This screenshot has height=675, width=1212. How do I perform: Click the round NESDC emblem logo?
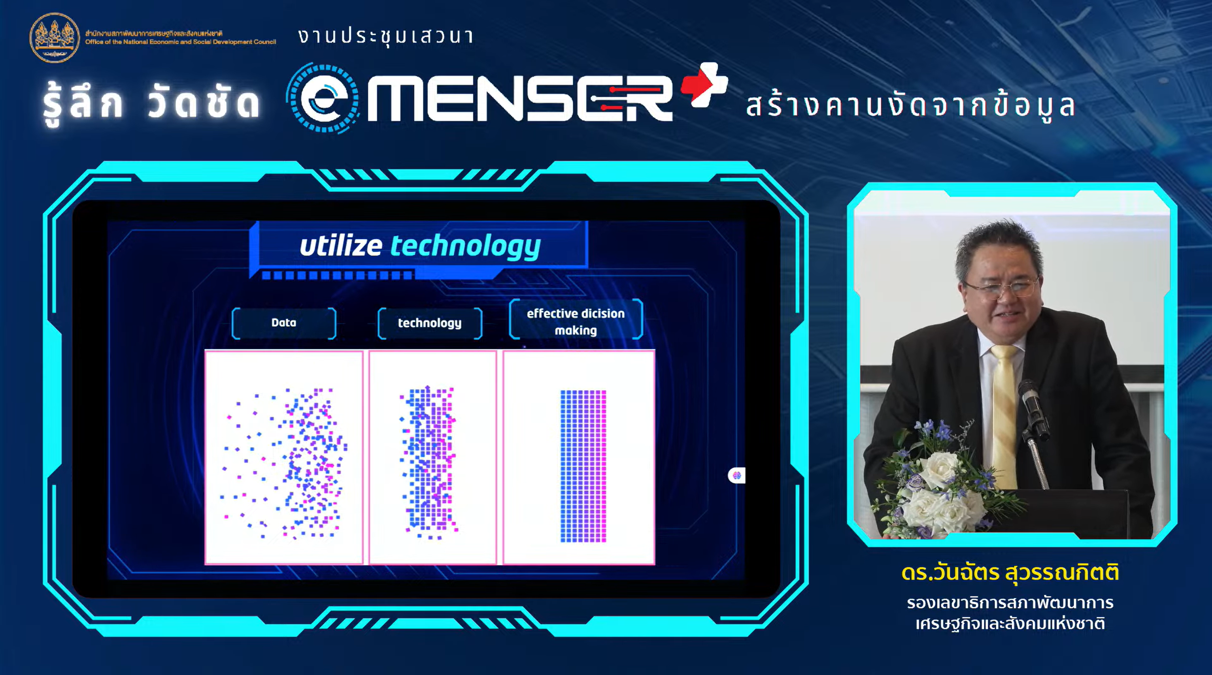(x=55, y=38)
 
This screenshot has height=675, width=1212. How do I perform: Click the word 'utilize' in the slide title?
(x=341, y=246)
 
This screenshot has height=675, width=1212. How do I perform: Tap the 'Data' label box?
(x=284, y=323)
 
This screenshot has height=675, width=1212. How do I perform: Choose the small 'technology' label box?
(x=430, y=323)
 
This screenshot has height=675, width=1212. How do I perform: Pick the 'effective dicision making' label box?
(x=576, y=319)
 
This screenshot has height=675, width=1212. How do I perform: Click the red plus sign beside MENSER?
(x=704, y=85)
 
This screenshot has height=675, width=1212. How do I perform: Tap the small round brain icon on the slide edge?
(x=736, y=476)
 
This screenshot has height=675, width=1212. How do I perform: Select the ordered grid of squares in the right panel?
(x=583, y=466)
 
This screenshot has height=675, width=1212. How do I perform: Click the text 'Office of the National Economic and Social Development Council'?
(x=181, y=42)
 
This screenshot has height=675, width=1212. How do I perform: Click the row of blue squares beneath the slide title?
(x=337, y=275)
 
